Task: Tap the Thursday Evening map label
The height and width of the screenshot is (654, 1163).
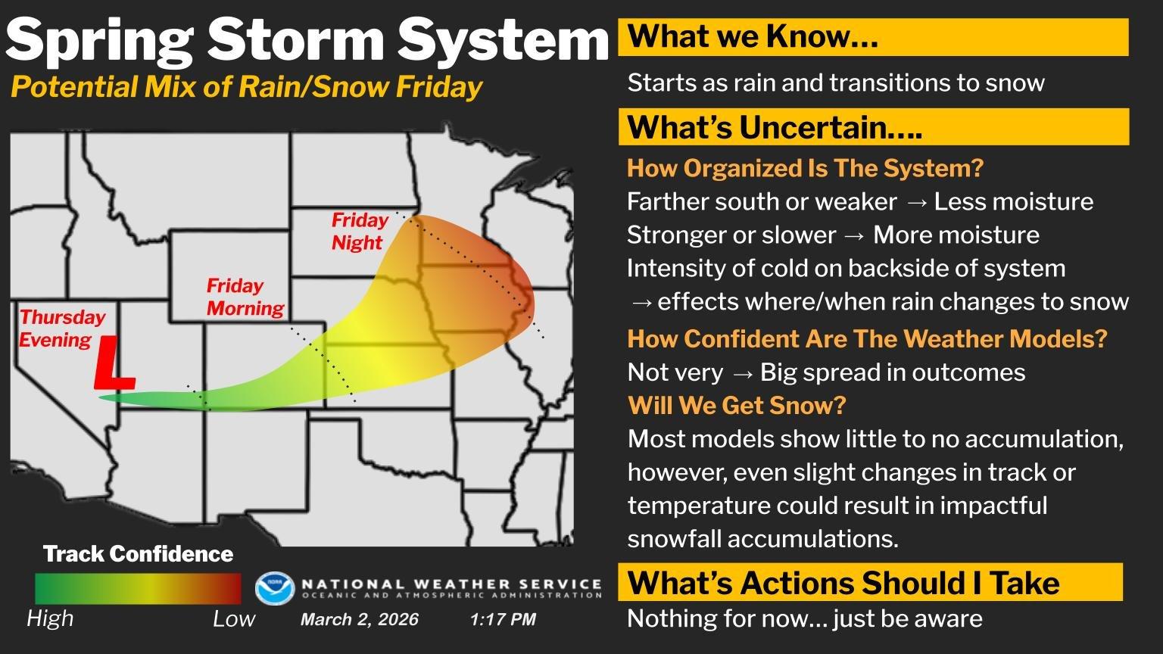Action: tap(62, 329)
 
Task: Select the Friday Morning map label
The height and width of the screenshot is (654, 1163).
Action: tap(245, 297)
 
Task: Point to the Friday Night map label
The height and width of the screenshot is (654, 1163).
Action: tap(360, 231)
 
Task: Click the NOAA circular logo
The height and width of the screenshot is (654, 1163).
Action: tap(275, 589)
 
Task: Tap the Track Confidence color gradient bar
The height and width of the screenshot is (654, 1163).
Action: tap(138, 589)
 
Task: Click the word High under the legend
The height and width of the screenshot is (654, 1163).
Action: tap(50, 618)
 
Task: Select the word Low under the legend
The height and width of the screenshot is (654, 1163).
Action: tap(234, 618)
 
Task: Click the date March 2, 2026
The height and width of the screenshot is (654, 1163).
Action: tap(360, 619)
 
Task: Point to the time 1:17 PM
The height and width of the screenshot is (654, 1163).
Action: tap(503, 619)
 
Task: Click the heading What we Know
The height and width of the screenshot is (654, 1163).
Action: tap(753, 36)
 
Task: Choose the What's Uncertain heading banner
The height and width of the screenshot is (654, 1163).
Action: tap(874, 126)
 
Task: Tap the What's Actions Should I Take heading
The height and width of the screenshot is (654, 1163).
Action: tap(843, 582)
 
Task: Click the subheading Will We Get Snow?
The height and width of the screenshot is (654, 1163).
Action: tap(737, 406)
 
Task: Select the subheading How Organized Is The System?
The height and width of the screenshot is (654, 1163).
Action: tap(806, 168)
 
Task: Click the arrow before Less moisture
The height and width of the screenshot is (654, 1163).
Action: tap(915, 202)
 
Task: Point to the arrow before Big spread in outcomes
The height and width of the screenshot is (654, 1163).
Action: tap(742, 373)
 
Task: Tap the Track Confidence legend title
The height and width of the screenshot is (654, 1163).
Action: tap(138, 554)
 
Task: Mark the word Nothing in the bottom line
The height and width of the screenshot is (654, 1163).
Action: tap(666, 618)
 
